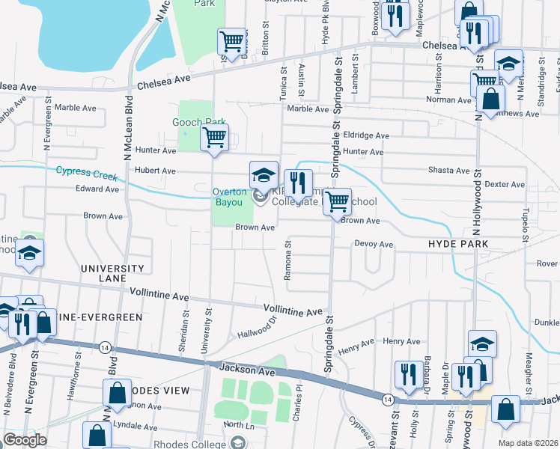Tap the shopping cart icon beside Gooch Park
[x=215, y=138]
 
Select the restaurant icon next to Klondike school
[x=298, y=183]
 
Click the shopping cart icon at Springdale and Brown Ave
[x=338, y=201]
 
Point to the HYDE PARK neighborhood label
[x=458, y=244]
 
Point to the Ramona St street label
[x=287, y=260]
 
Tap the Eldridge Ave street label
[x=366, y=135]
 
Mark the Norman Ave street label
[x=448, y=99]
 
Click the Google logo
[x=24, y=440]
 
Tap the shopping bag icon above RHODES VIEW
[x=118, y=393]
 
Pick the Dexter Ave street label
[x=504, y=183]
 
